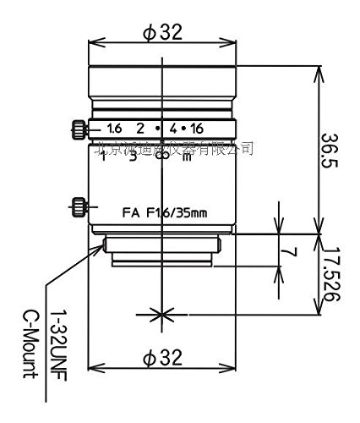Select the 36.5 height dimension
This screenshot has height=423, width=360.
point(333,151)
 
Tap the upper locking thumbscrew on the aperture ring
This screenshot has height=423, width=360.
point(77,129)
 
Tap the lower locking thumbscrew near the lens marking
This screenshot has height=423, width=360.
point(77,206)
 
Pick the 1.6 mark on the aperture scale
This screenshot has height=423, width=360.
point(114,129)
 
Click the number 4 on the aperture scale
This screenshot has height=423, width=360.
point(175,129)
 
